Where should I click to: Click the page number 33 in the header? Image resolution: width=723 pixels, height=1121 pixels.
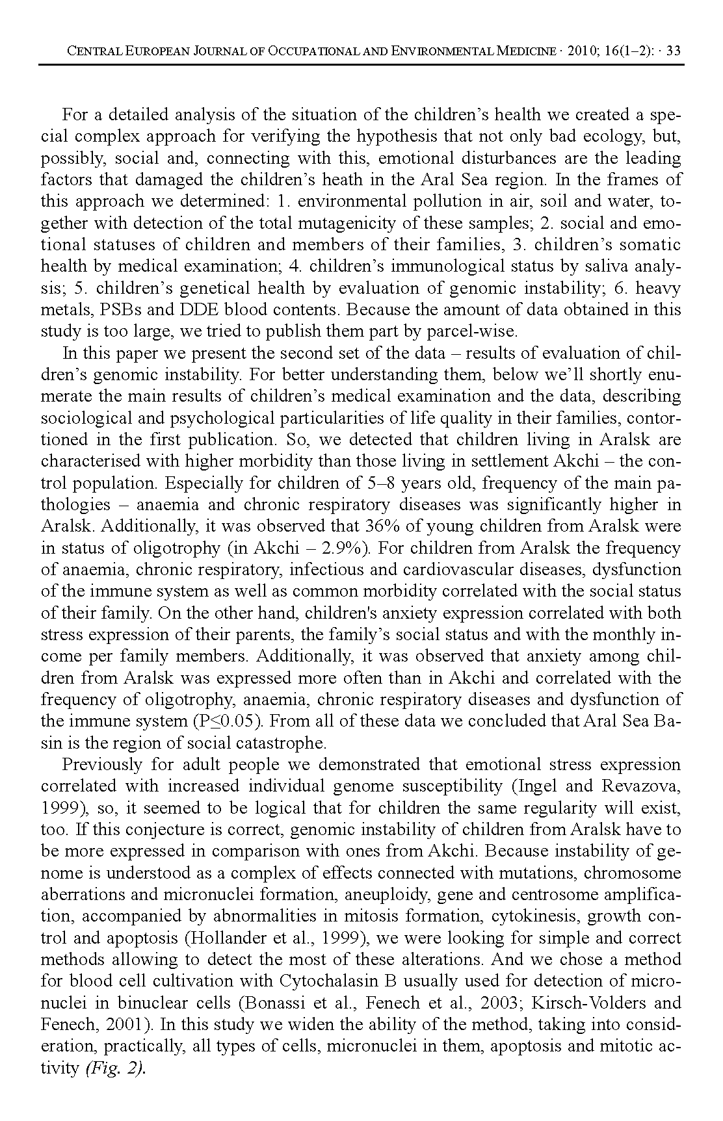674,51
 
